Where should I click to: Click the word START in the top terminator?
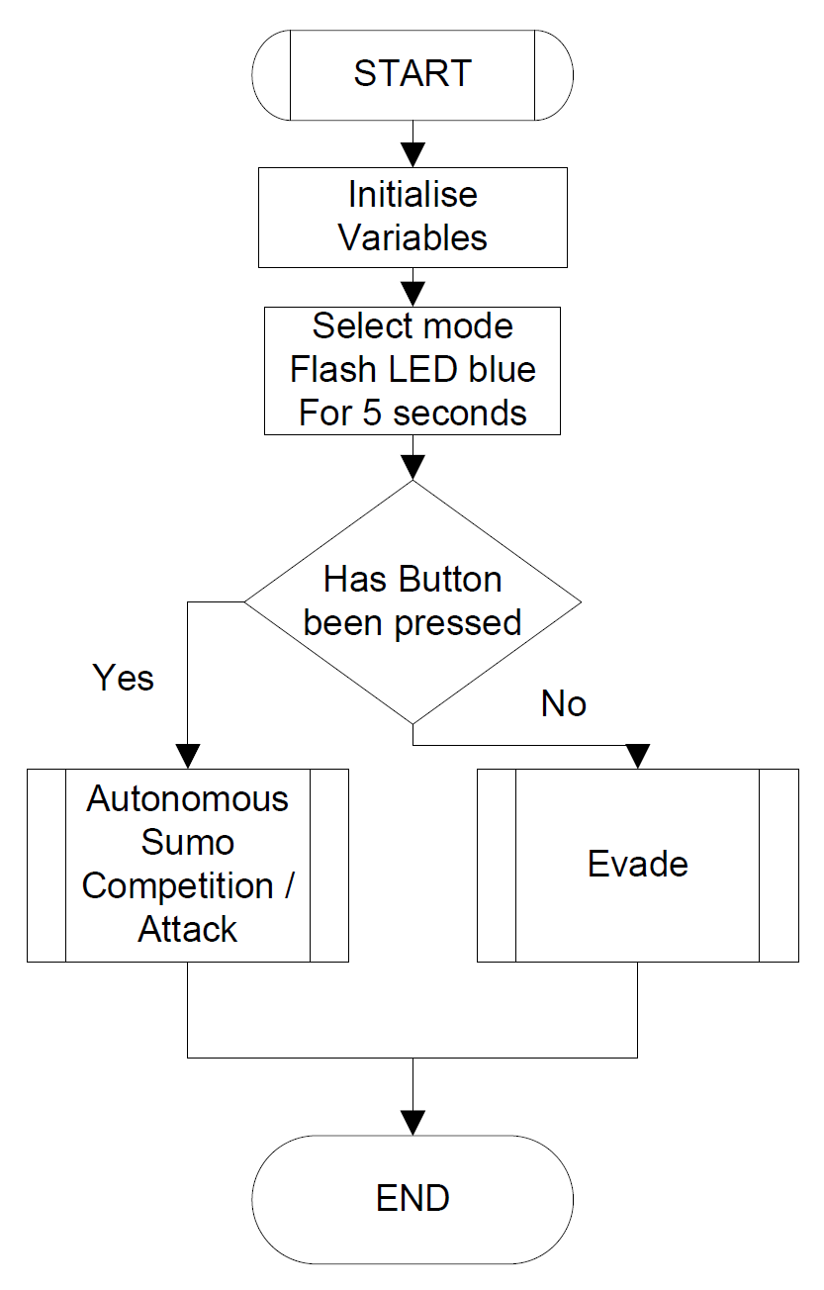(x=412, y=74)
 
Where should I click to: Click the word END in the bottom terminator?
(x=412, y=1199)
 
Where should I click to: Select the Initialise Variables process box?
(x=412, y=217)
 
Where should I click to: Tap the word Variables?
(x=412, y=238)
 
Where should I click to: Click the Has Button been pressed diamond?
(x=412, y=601)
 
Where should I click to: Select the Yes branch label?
(x=124, y=678)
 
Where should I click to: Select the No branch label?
(x=564, y=704)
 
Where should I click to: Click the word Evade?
(x=638, y=865)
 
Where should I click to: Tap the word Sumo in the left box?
(x=188, y=843)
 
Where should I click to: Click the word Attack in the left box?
(x=188, y=930)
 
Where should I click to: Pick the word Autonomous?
(x=188, y=799)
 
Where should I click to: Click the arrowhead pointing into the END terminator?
(x=412, y=1122)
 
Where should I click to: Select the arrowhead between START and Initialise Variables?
(x=412, y=154)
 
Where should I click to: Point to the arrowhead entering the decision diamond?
(x=412, y=468)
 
